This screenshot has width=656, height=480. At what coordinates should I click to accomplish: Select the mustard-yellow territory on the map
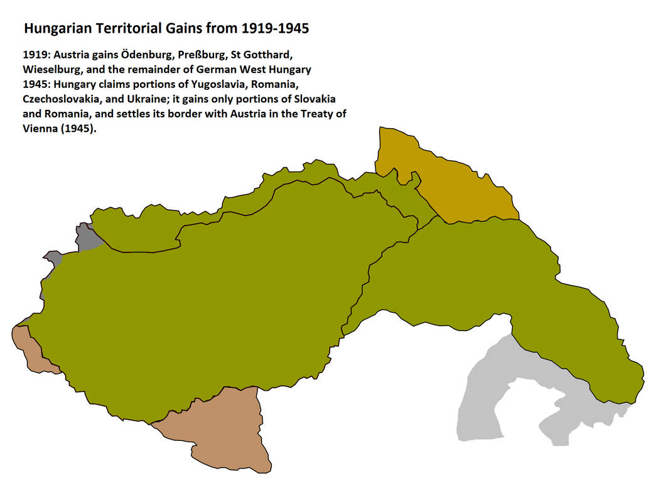point(458,182)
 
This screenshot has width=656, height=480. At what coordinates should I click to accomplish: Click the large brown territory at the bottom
point(220,434)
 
